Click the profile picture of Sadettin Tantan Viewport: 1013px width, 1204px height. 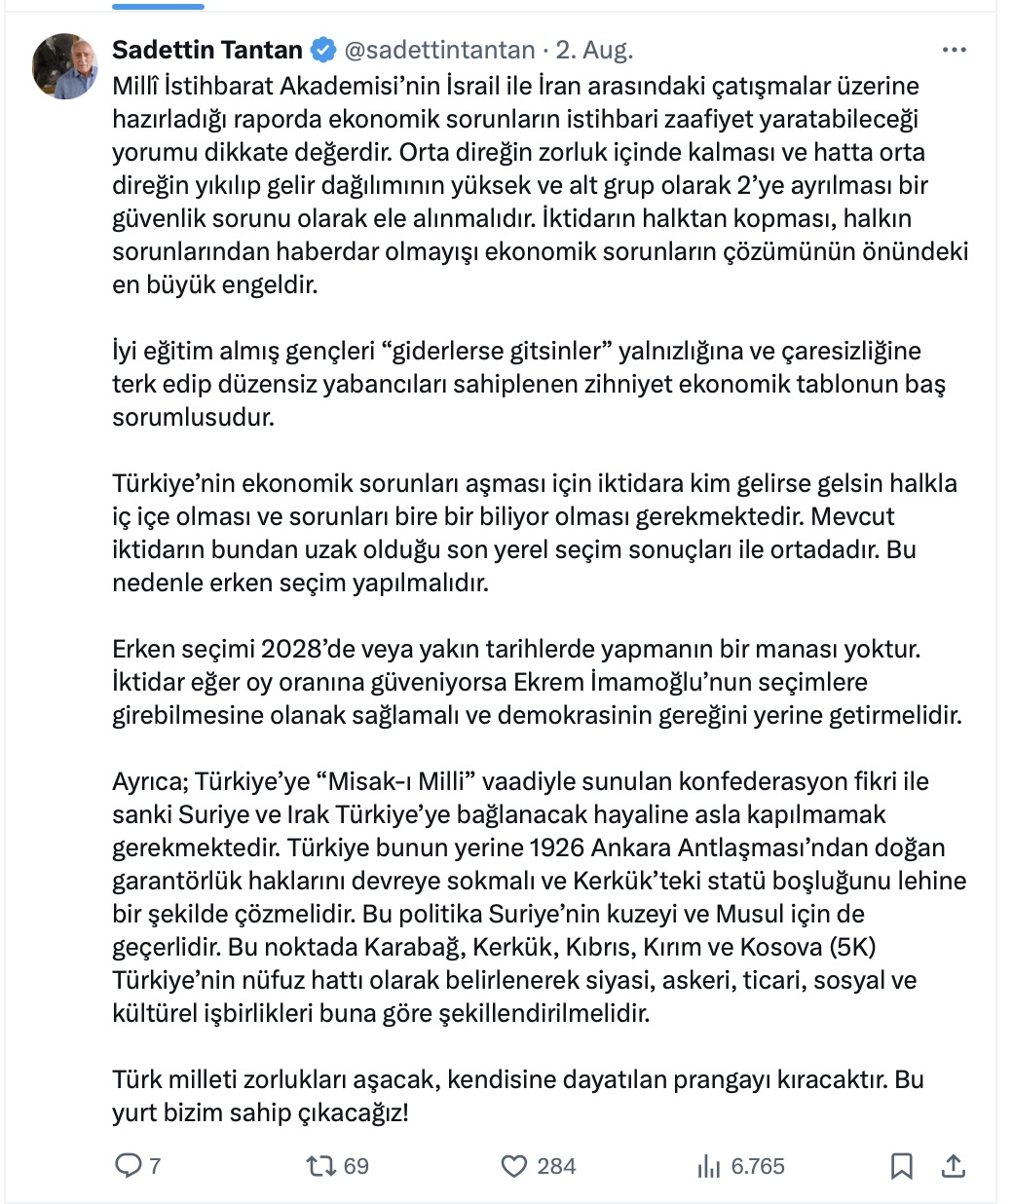65,66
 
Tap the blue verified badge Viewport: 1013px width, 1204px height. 323,50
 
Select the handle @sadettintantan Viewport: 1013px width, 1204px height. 440,50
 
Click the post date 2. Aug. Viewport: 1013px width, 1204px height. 594,50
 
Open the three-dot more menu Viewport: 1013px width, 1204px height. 954,50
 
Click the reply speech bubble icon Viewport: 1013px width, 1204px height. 129,1166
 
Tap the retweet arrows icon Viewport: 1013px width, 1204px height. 319,1166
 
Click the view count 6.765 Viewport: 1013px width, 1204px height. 757,1166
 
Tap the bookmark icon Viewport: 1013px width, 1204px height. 902,1166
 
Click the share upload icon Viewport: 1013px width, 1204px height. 954,1166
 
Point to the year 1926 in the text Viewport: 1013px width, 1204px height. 557,847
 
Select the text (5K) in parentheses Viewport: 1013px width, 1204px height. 851,947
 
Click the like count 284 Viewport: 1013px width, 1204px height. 556,1166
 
